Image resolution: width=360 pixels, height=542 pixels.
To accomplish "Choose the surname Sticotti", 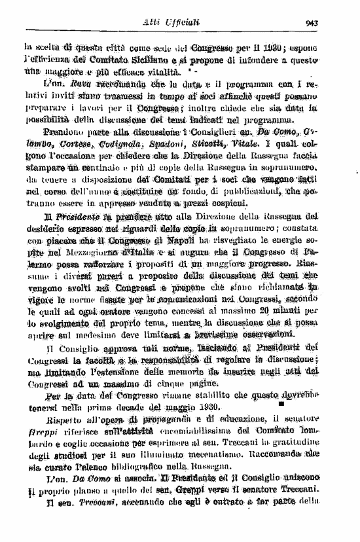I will point(223,143).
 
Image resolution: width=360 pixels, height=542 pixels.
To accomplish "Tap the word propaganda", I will point(147,419).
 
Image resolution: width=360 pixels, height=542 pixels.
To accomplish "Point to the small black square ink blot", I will point(281,406).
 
